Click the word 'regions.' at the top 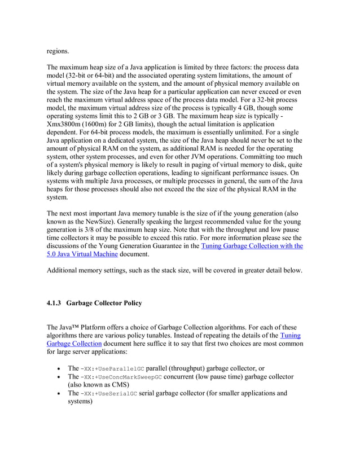pyautogui.click(x=58, y=51)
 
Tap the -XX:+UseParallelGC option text pyautogui.click(x=112, y=368)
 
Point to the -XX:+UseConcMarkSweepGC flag pyautogui.click(x=121, y=377)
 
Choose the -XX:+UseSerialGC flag pyautogui.click(x=109, y=394)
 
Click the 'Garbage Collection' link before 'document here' pyautogui.click(x=74, y=343)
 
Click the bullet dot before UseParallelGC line pyautogui.click(x=59, y=369)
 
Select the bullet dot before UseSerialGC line pyautogui.click(x=59, y=394)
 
